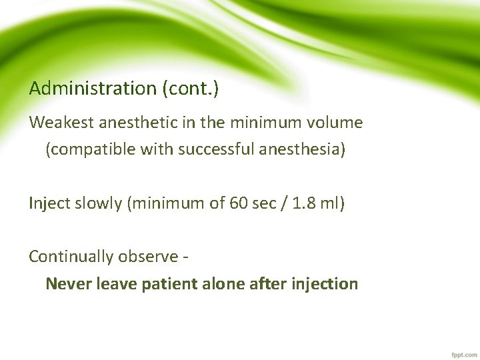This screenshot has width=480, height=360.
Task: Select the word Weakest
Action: [61, 123]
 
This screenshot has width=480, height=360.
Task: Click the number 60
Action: [238, 203]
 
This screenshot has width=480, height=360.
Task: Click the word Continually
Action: [71, 257]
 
